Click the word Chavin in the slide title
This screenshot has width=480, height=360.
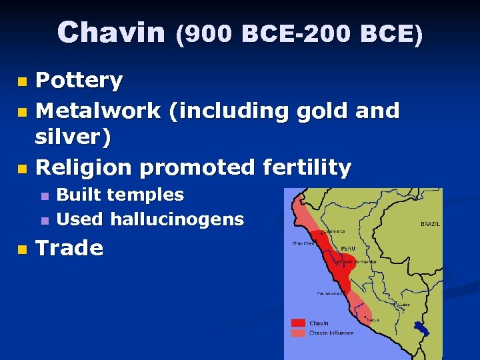[x=111, y=33]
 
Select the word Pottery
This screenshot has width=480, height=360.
[x=79, y=81]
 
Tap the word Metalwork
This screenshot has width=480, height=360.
[x=98, y=110]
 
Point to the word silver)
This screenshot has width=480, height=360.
[x=73, y=137]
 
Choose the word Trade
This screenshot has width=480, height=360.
[x=69, y=248]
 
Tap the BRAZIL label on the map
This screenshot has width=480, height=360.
[x=430, y=225]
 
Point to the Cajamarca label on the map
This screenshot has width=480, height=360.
[x=334, y=232]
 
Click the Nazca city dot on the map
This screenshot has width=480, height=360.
[x=365, y=317]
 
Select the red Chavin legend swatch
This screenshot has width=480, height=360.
[x=298, y=323]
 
